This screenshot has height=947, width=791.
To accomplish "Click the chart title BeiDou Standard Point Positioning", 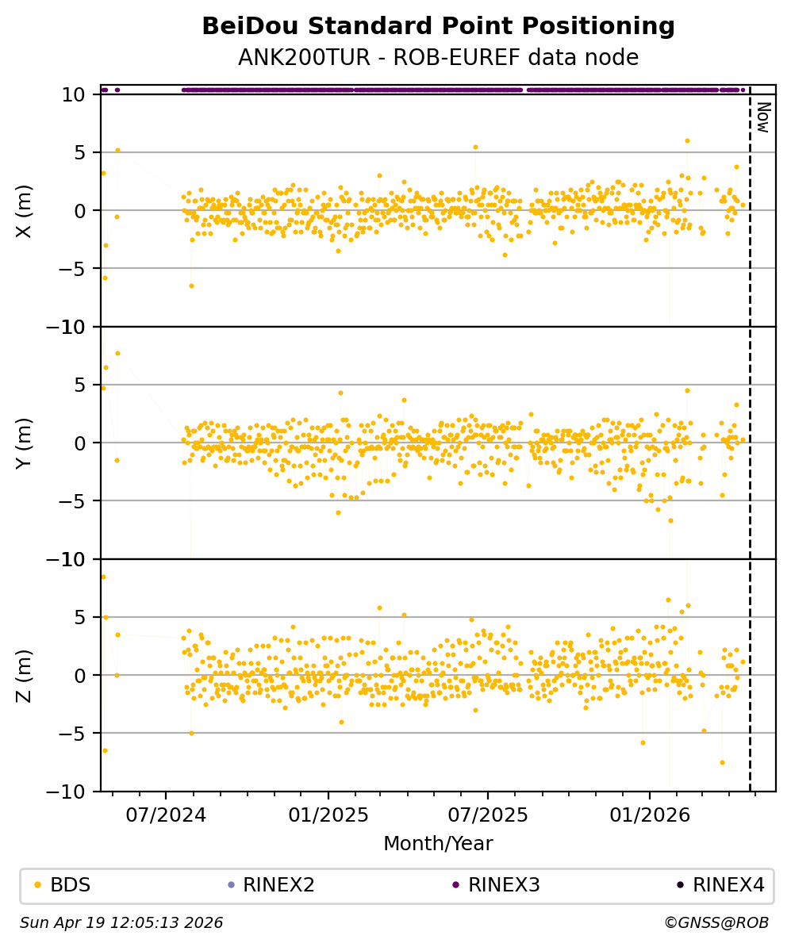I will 438,26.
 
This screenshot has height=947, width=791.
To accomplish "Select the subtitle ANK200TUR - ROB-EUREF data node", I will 438,57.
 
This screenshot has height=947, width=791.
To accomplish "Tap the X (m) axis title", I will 25,210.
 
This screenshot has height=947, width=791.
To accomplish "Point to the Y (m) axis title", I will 25,443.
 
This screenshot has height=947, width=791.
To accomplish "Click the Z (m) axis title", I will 25,675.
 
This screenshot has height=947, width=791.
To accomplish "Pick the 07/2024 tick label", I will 167,815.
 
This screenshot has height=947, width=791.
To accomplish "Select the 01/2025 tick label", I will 328,815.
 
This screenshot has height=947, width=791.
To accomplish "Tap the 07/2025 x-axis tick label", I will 487,815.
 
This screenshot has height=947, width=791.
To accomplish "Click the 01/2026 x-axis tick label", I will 650,815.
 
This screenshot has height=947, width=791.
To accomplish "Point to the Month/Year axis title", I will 438,844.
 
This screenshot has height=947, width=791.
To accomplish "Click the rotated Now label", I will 763,117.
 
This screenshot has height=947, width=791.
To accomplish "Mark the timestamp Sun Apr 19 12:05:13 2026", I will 121,923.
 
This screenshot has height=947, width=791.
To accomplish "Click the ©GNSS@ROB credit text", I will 716,923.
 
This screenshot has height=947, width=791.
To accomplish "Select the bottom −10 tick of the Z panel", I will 71,792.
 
